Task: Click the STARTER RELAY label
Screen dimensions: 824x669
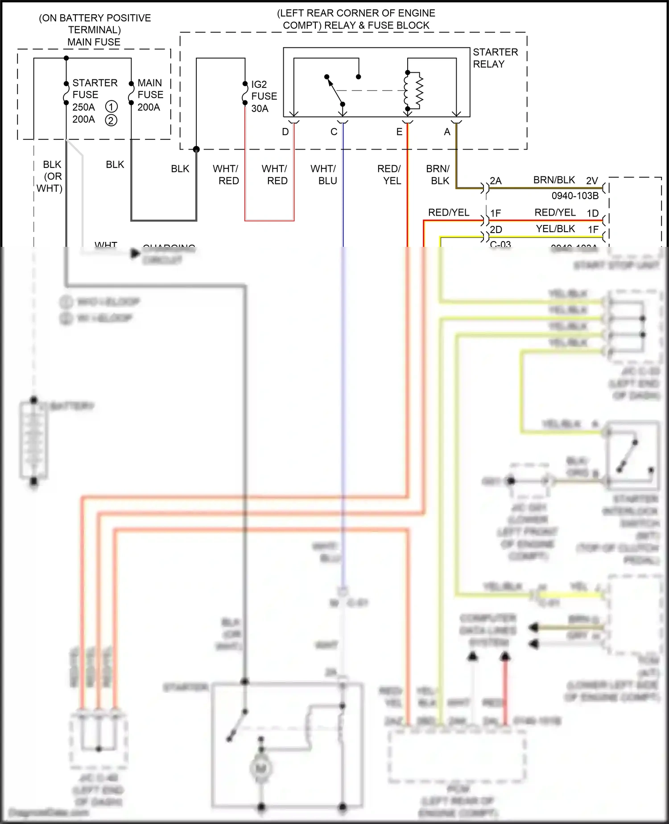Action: [x=495, y=58]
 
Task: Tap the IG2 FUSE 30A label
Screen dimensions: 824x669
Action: [x=264, y=96]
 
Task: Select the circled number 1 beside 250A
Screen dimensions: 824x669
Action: [x=111, y=107]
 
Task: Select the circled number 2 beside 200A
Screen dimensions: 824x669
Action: [x=111, y=120]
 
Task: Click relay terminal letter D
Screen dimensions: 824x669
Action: [x=285, y=132]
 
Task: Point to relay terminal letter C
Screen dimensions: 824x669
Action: [x=334, y=132]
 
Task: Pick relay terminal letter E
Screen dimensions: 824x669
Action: [x=399, y=132]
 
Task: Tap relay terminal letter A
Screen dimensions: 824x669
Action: [x=447, y=132]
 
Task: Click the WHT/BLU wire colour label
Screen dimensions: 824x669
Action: [x=324, y=175]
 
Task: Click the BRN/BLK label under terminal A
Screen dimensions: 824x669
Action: [x=438, y=175]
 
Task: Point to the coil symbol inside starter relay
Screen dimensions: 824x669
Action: [x=413, y=91]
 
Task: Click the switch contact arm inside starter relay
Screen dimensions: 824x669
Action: [x=334, y=91]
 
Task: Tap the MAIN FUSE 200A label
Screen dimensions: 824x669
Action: [x=150, y=95]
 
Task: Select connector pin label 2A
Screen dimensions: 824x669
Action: [x=496, y=181]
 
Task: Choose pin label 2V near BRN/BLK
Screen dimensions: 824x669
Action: [x=592, y=181]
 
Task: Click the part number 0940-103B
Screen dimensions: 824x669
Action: [x=575, y=196]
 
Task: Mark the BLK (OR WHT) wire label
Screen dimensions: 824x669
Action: [x=50, y=176]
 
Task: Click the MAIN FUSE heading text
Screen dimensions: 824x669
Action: [x=94, y=42]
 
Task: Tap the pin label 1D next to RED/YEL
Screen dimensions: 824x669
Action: [x=592, y=213]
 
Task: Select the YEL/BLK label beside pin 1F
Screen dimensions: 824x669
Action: [x=555, y=229]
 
